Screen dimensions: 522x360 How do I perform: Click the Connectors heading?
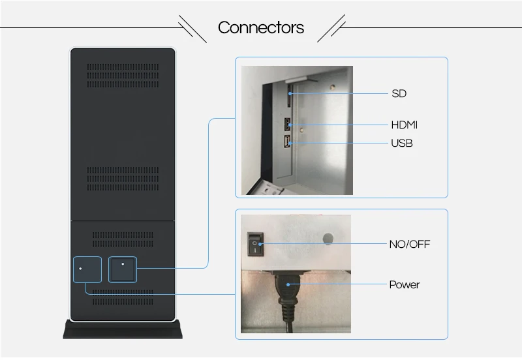[x=260, y=27]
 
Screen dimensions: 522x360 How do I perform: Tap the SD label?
[x=399, y=93]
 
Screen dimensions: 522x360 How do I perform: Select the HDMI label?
[x=404, y=125]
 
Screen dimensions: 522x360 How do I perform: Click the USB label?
[x=401, y=143]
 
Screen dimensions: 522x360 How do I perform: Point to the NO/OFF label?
[x=410, y=244]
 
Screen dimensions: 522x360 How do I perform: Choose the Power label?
[x=404, y=285]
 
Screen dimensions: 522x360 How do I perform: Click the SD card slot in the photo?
[x=289, y=95]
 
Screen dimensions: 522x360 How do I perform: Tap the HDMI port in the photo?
[x=288, y=125]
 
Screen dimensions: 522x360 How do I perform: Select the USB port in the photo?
[x=287, y=142]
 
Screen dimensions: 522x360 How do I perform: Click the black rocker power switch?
[x=255, y=244]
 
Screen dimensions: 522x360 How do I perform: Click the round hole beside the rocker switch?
[x=328, y=239]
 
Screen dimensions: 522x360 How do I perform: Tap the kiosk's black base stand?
[x=123, y=329]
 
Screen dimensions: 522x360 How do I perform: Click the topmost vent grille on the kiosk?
[x=123, y=76]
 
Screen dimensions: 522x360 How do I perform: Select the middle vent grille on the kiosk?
[x=123, y=179]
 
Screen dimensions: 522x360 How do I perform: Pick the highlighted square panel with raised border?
[x=123, y=269]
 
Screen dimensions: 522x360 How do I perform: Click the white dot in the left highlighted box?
[x=80, y=269]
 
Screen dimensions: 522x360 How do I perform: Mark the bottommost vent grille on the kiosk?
[x=123, y=297]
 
